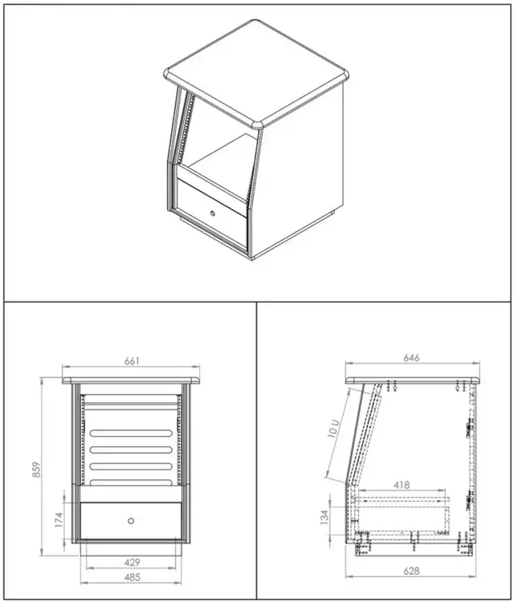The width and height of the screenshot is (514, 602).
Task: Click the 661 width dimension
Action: (132, 361)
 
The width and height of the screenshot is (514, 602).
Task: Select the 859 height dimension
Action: (36, 470)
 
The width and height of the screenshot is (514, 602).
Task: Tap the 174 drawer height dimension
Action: (59, 519)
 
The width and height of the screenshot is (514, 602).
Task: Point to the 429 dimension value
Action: (133, 563)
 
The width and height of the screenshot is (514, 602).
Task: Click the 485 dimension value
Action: (133, 577)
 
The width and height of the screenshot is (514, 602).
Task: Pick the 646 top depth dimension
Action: (411, 358)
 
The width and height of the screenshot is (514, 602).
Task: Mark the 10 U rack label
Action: (334, 428)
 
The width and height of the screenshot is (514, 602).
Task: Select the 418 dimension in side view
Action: (402, 486)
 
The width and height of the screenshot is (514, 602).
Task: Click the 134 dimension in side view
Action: (324, 517)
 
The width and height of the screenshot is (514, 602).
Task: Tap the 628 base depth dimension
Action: (411, 571)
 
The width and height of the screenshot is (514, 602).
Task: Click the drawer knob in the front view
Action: (131, 521)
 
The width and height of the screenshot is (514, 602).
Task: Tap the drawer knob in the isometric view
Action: (213, 213)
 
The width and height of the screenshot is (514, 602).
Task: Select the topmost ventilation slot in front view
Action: (131, 433)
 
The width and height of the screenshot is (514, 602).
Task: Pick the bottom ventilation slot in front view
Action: (131, 482)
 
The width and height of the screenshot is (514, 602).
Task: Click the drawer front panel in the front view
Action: (131, 521)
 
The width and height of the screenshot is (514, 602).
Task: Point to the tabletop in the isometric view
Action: (257, 73)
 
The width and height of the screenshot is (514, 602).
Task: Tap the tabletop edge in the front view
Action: (132, 380)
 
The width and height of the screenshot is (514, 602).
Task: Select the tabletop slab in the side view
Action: (413, 380)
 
